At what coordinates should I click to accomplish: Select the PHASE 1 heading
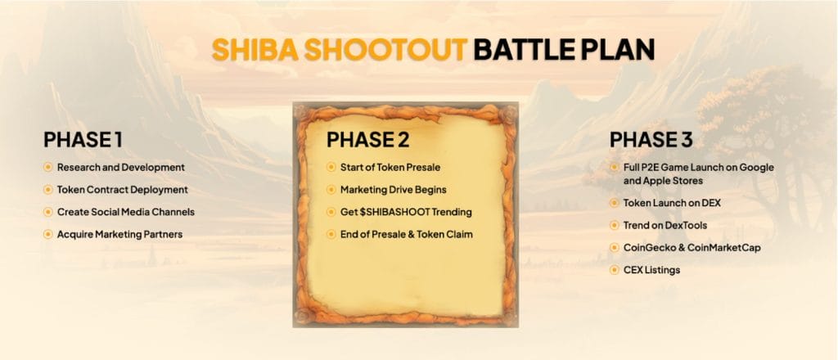83,139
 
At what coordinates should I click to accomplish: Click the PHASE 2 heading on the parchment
367,139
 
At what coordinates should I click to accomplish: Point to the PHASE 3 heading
651,139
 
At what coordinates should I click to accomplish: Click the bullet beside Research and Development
48,167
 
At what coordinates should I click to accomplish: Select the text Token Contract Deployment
123,190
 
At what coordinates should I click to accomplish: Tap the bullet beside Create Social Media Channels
48,212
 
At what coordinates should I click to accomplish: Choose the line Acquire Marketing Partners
119,235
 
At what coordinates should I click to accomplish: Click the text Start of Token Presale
390,167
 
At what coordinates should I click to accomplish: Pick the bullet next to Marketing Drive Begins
331,190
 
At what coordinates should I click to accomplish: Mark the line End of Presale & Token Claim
406,235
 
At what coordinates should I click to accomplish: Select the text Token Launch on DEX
672,203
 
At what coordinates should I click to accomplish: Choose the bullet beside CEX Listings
615,270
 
